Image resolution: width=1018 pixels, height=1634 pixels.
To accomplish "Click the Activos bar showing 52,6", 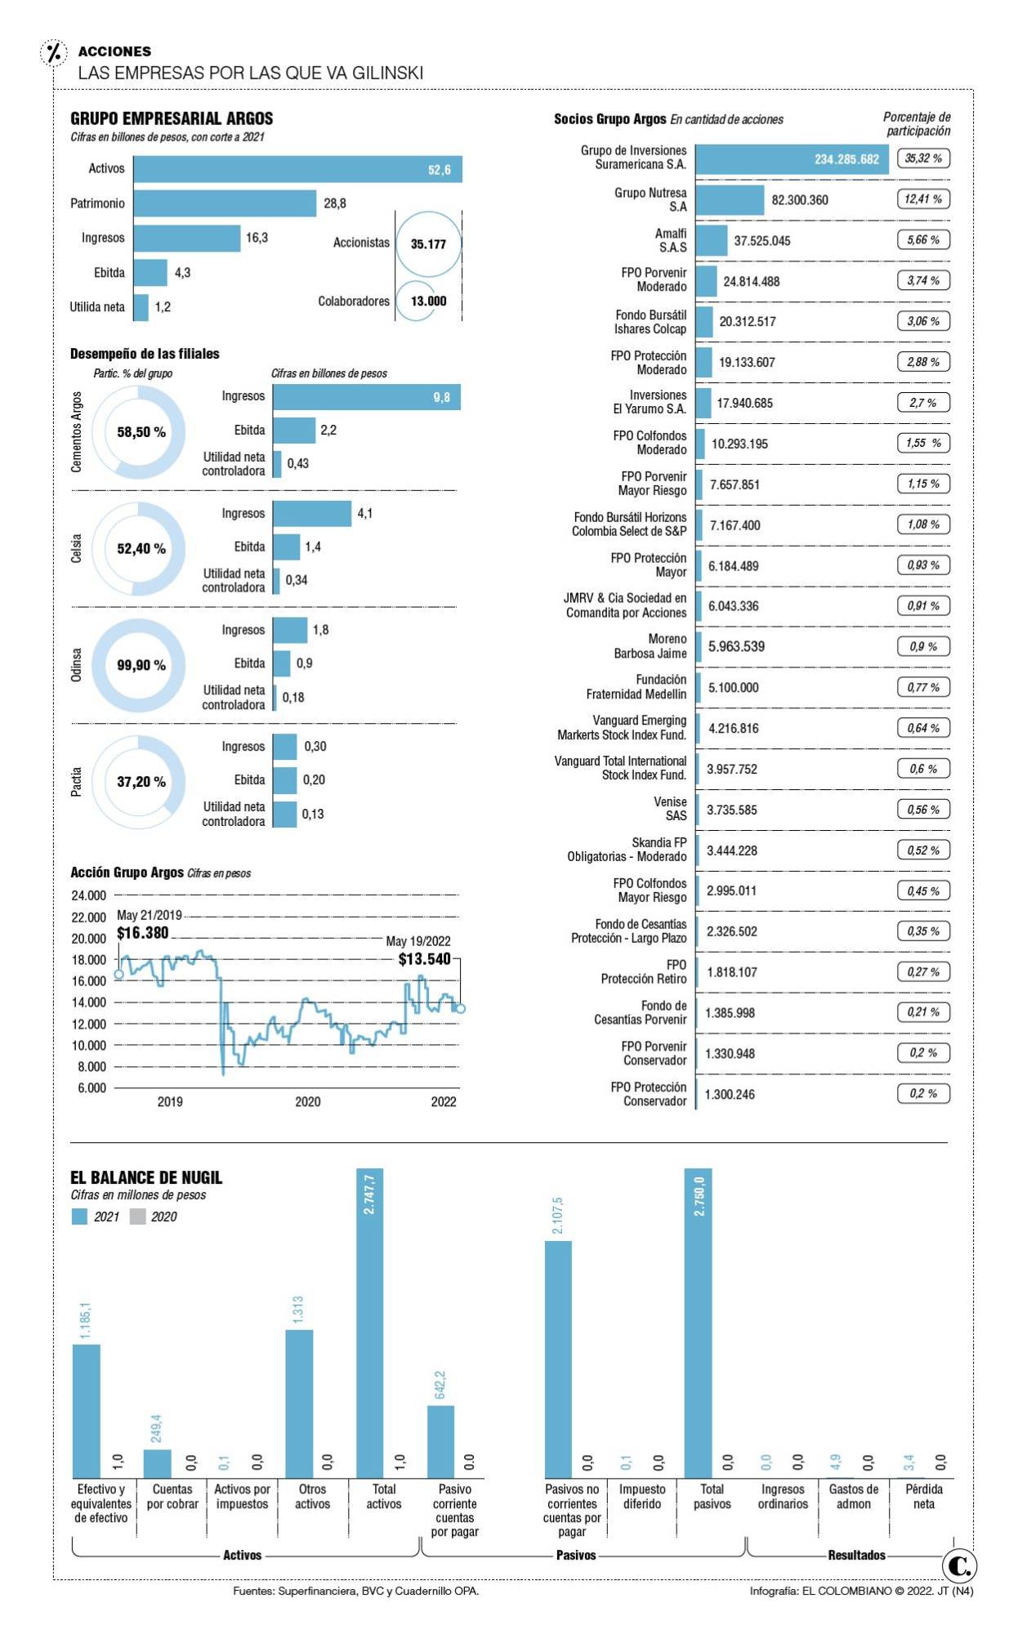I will pyautogui.click(x=297, y=169).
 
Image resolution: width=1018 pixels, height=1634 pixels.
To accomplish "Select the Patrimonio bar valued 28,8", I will pyautogui.click(x=225, y=203).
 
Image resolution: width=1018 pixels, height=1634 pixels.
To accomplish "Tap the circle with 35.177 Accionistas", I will pyautogui.click(x=428, y=243).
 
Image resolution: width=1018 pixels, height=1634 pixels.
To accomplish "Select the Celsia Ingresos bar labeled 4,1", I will pyautogui.click(x=312, y=514).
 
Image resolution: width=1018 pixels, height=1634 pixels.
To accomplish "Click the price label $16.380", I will pyautogui.click(x=143, y=933).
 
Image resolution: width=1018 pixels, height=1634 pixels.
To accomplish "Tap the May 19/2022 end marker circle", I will pyautogui.click(x=461, y=1009).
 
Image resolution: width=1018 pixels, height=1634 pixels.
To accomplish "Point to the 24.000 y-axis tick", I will pyautogui.click(x=89, y=895).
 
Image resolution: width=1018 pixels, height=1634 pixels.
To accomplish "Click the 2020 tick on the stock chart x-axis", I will pyautogui.click(x=307, y=1101).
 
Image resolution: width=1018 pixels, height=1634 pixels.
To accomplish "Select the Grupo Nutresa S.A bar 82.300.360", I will pyautogui.click(x=730, y=200).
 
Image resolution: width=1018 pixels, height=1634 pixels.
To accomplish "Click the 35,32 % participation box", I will pyautogui.click(x=923, y=158).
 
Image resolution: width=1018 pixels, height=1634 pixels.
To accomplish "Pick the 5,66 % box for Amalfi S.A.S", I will pyautogui.click(x=923, y=240).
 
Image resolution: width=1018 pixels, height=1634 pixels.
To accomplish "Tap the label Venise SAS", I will pyautogui.click(x=670, y=809).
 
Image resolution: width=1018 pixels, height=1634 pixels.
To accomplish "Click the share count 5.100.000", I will pyautogui.click(x=733, y=688).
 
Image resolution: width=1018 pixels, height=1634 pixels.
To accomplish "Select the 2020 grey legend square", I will pyautogui.click(x=137, y=1217).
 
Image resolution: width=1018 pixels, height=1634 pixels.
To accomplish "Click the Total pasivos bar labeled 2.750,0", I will pyautogui.click(x=698, y=1324).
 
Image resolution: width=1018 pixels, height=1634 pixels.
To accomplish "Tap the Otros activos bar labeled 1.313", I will pyautogui.click(x=299, y=1404).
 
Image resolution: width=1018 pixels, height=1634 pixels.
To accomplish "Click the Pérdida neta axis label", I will pyautogui.click(x=923, y=1496).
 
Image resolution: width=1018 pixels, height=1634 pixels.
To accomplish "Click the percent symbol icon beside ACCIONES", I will pyautogui.click(x=54, y=53).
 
